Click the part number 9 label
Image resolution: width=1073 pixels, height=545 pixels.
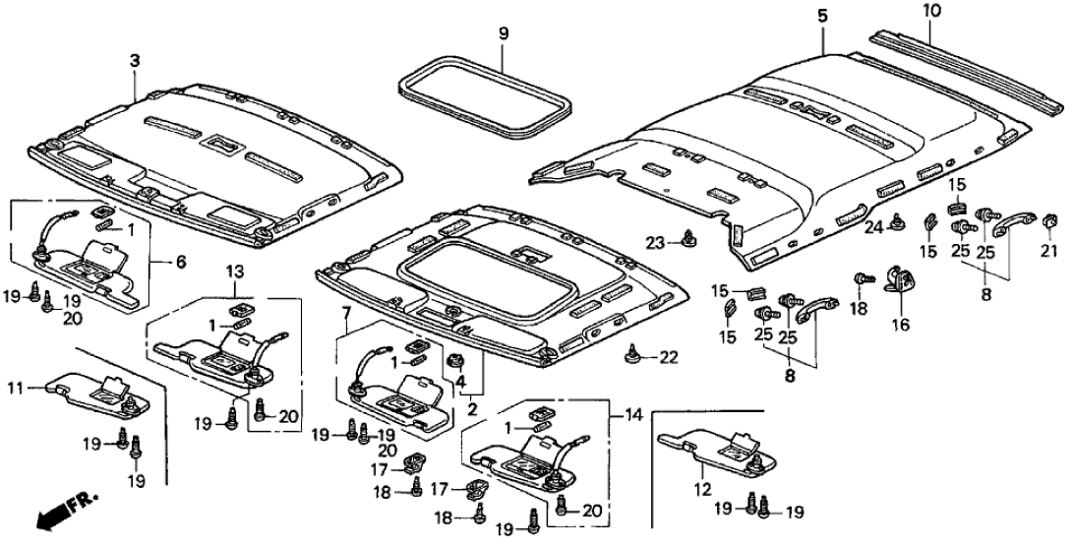tap(504, 33)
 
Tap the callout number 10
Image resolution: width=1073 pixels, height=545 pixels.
tap(932, 12)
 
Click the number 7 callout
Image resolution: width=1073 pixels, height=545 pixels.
tap(344, 315)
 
